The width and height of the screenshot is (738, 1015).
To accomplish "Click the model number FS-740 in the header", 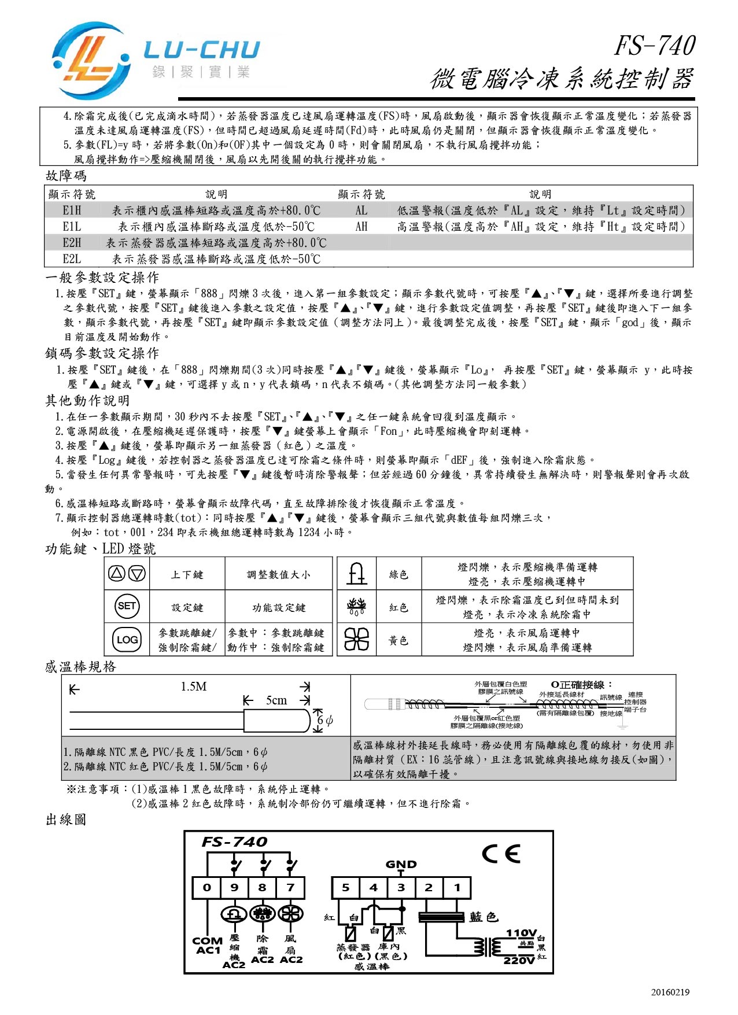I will (x=654, y=46).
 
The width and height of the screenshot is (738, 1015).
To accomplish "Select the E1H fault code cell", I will (x=72, y=211).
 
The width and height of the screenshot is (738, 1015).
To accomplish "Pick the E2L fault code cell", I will (x=72, y=259).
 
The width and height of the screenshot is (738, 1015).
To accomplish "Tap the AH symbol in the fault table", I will (x=361, y=227).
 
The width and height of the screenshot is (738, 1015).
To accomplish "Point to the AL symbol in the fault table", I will (x=361, y=211).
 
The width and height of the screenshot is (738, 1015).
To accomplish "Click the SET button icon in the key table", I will (x=127, y=606).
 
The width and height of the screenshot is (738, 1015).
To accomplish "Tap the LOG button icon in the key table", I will (x=127, y=639).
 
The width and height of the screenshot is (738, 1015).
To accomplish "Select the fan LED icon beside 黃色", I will (x=356, y=640).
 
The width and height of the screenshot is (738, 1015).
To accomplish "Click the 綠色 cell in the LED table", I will (x=398, y=574).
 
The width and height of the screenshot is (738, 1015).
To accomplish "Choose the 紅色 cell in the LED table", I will (x=398, y=607).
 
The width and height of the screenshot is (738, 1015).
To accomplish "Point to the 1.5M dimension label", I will (x=193, y=686).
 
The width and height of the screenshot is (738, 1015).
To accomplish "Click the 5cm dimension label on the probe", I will (x=276, y=700).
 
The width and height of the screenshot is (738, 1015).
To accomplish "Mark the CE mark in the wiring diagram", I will (x=501, y=854).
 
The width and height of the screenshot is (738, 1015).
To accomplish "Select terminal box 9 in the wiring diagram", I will (x=234, y=887).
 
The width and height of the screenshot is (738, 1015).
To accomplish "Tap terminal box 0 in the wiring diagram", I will (x=206, y=887).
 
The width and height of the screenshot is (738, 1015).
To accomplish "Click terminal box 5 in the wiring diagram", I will (x=345, y=887).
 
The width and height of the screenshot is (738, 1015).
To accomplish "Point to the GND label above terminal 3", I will (x=401, y=865).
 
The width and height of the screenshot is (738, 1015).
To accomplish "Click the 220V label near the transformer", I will (x=519, y=960).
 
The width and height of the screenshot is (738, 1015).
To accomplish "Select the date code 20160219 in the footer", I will (x=670, y=992).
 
